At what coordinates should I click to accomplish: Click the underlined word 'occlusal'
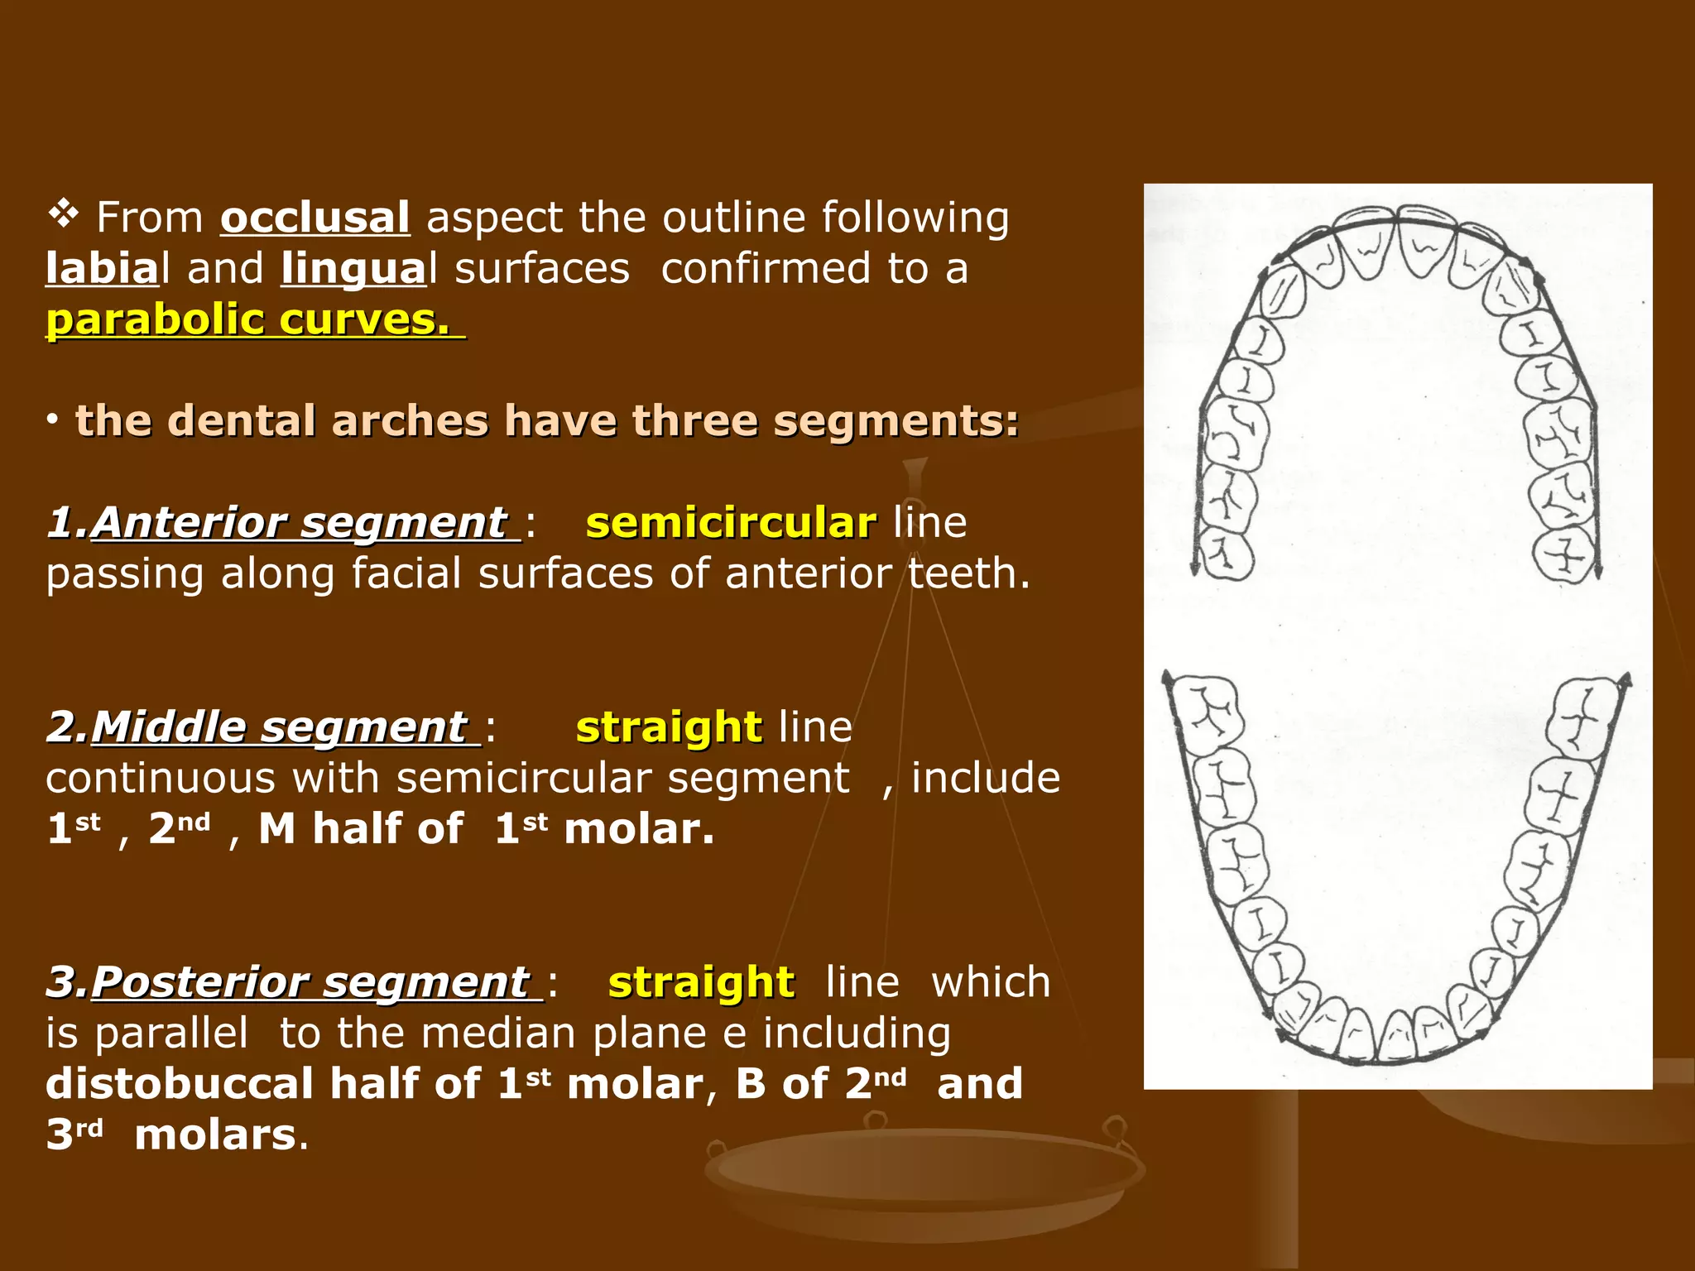[315, 218]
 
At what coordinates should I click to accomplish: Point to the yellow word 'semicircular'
[731, 523]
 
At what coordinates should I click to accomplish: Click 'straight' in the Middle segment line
[669, 727]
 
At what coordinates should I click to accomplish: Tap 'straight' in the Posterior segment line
[701, 982]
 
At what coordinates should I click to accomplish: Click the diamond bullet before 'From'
[63, 216]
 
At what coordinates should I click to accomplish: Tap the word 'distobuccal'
[180, 1084]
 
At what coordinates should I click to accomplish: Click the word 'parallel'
[171, 1034]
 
